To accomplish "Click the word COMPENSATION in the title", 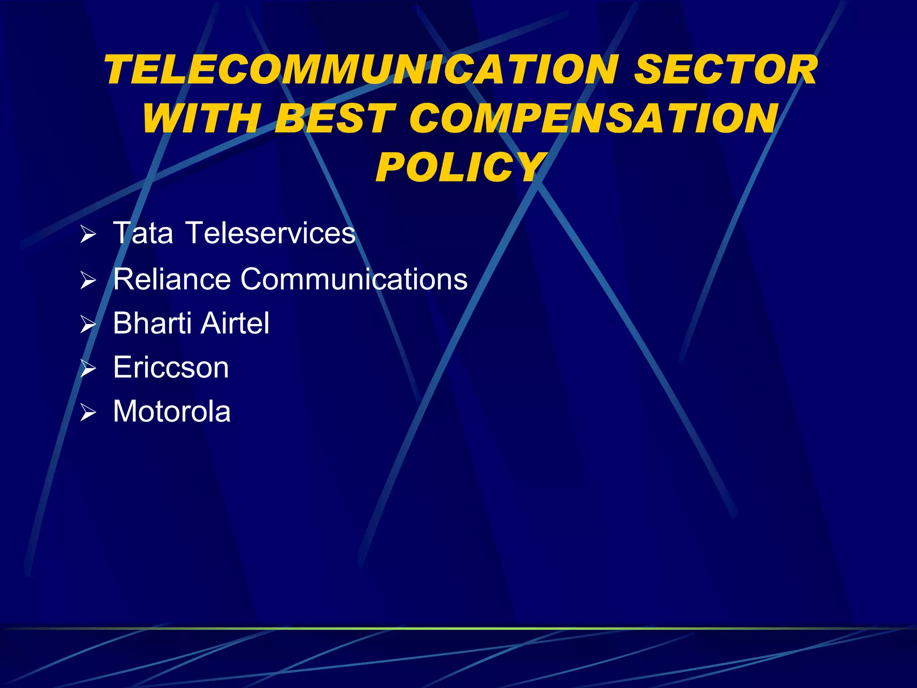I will [593, 118].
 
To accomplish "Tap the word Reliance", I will [172, 279].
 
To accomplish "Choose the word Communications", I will [354, 279].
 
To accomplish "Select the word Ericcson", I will [171, 367].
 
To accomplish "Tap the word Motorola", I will [172, 411].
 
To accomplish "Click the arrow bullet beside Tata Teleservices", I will [88, 234].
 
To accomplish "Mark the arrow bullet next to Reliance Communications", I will [88, 280].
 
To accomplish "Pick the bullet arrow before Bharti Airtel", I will [88, 324].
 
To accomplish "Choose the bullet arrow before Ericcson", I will [88, 369].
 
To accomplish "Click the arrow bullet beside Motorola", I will [88, 413].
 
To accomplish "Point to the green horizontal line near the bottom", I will [458, 628].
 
